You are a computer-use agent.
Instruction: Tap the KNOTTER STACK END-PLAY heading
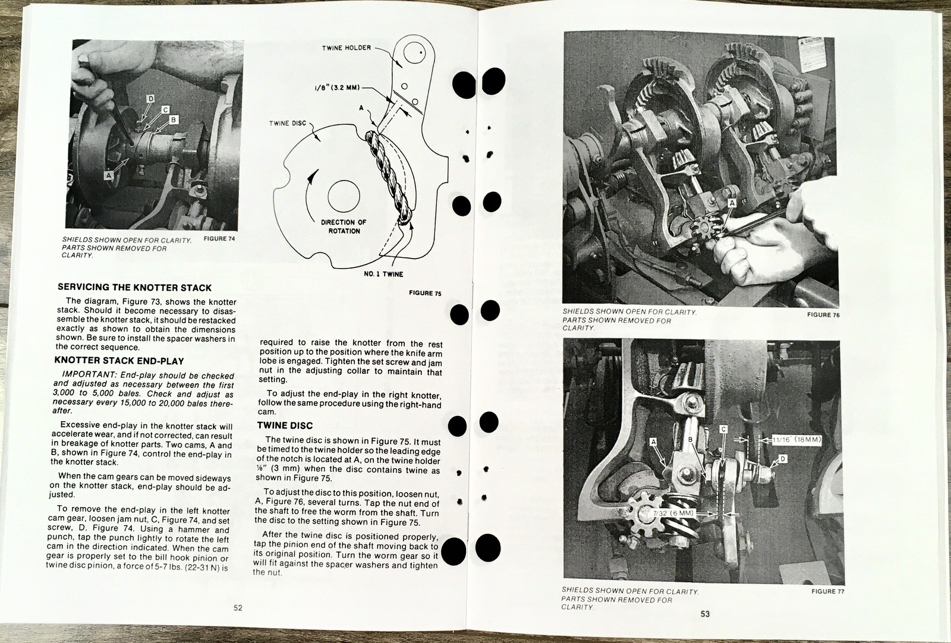tap(119, 361)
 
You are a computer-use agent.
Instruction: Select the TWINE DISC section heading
tap(285, 425)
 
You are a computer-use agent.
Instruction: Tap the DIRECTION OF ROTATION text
tap(344, 226)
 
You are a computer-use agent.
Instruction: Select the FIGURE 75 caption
tap(426, 293)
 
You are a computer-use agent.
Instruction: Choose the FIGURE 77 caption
tap(828, 592)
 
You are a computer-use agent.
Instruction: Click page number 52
tap(238, 608)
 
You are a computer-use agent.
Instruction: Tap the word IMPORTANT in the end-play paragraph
tap(89, 376)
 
